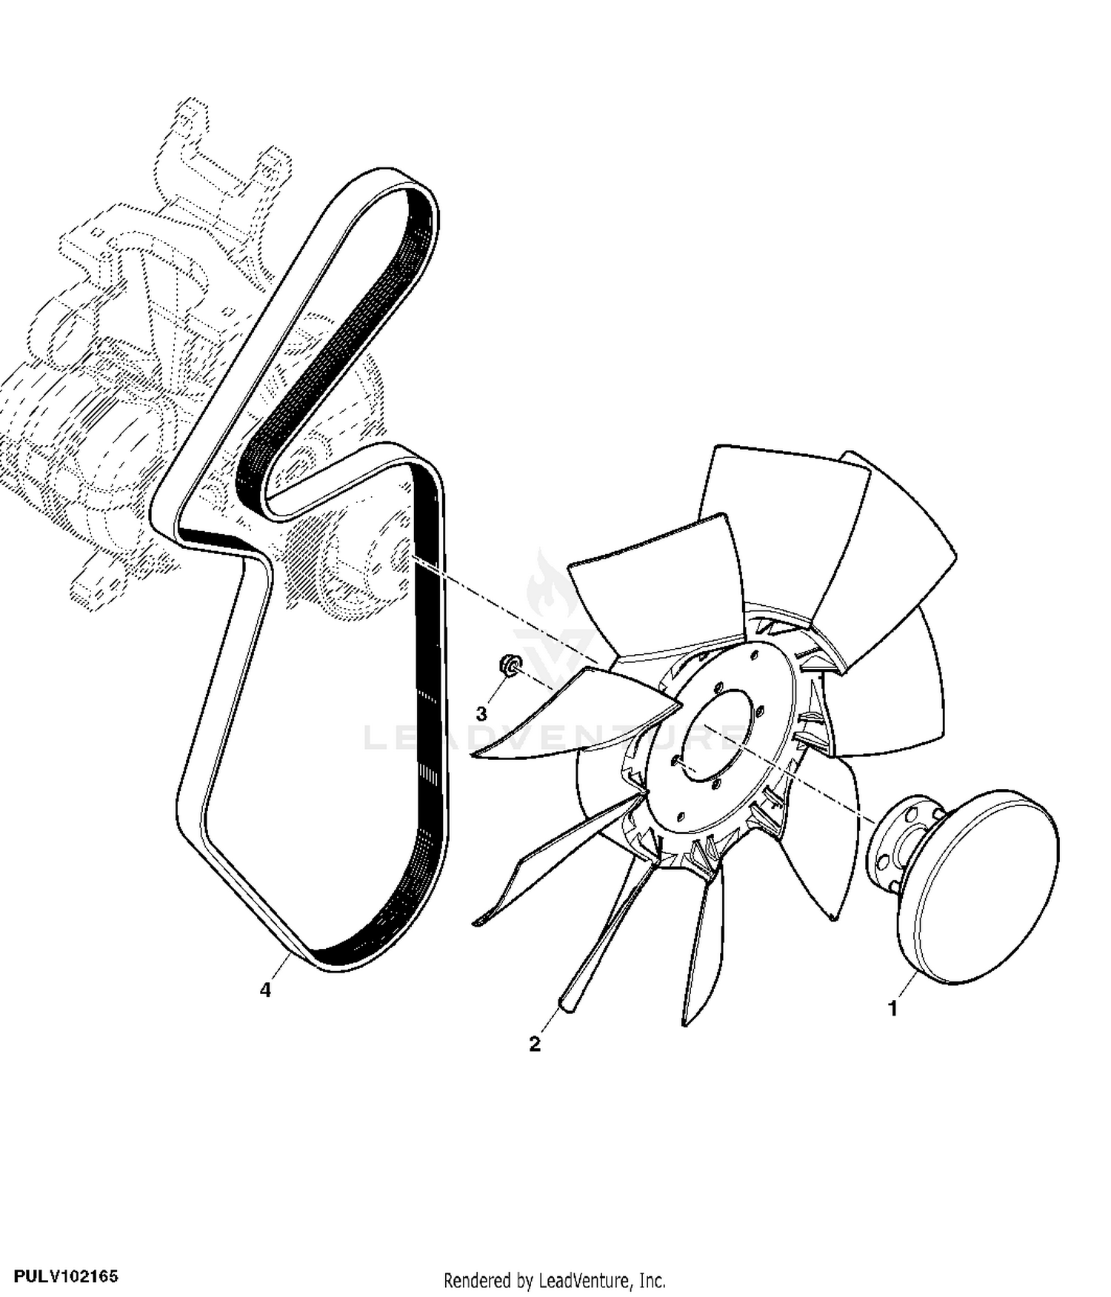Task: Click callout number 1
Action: (893, 1009)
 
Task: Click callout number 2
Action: (535, 1044)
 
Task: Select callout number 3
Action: (481, 713)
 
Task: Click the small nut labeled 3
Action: (509, 664)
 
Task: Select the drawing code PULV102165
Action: (65, 1276)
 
